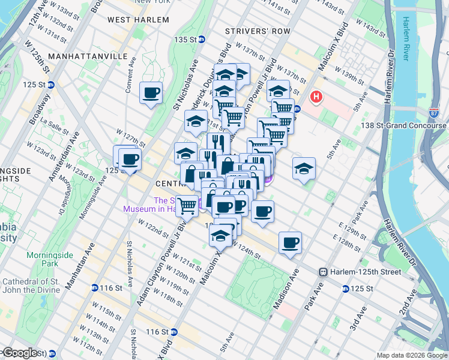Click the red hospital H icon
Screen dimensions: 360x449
coord(316,97)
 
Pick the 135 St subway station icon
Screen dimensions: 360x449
coord(202,40)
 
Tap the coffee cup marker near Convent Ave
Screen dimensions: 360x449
coord(151,93)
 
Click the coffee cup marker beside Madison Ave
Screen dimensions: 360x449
coord(290,242)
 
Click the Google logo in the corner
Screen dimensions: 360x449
coord(20,353)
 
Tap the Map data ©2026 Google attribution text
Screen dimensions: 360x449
coord(411,355)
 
